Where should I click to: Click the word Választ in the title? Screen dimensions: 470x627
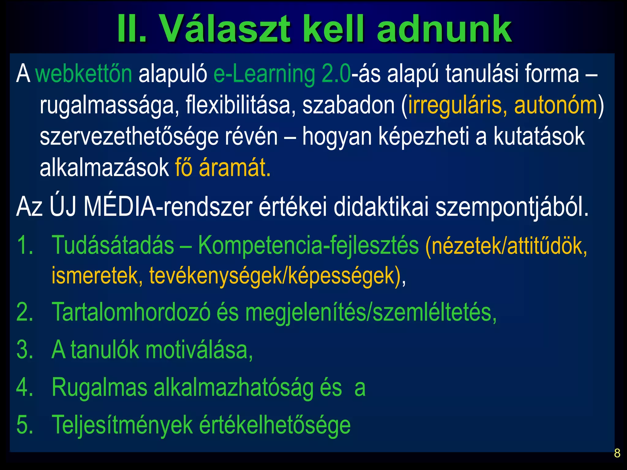click(x=225, y=29)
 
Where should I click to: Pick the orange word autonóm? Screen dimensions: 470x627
click(x=556, y=105)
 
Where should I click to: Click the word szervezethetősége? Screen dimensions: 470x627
click(x=129, y=137)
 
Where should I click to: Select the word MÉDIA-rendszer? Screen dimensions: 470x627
click(x=168, y=207)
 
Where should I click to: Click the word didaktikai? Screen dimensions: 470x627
click(x=381, y=207)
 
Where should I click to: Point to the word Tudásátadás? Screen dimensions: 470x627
click(x=113, y=245)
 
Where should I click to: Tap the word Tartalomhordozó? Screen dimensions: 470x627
click(x=131, y=312)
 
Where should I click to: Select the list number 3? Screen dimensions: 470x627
click(x=24, y=350)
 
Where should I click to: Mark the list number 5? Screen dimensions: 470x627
click(x=24, y=425)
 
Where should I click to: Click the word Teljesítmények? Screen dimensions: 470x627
click(x=122, y=425)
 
